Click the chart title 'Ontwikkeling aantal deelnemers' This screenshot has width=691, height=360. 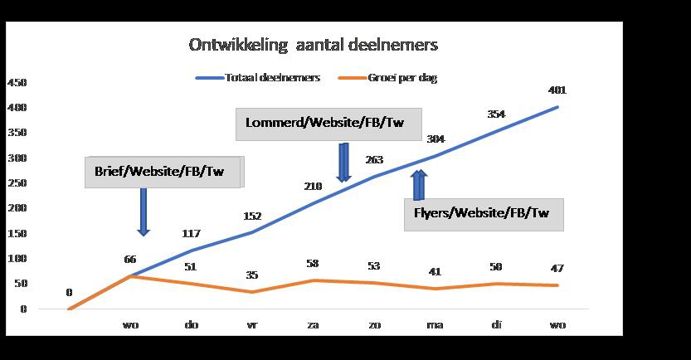coord(314,45)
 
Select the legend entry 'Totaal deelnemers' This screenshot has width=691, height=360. coord(258,78)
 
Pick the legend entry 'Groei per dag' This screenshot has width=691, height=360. coord(388,78)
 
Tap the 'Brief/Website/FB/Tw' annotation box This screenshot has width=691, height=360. coord(164,172)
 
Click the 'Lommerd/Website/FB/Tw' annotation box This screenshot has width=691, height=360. coord(328,124)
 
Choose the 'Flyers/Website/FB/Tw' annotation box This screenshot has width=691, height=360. coord(484,215)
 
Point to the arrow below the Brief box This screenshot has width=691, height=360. coord(144,212)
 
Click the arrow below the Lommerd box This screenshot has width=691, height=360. coord(343,162)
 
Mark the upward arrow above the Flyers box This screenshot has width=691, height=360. coord(419,185)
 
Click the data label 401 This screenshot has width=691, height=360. coord(557,90)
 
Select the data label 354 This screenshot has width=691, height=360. coord(496,114)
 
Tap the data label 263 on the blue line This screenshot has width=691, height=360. coord(374,159)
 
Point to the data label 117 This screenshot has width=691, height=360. coord(192,233)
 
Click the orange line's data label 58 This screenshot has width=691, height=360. coord(313,264)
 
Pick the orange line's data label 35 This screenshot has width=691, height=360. coord(251,275)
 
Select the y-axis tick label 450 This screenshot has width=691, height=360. coord(17,83)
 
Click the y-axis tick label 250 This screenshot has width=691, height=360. coord(17,182)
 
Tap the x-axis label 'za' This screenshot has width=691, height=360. coord(313,325)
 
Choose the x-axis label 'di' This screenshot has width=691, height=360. coord(496,325)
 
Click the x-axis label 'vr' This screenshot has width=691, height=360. coord(251,325)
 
